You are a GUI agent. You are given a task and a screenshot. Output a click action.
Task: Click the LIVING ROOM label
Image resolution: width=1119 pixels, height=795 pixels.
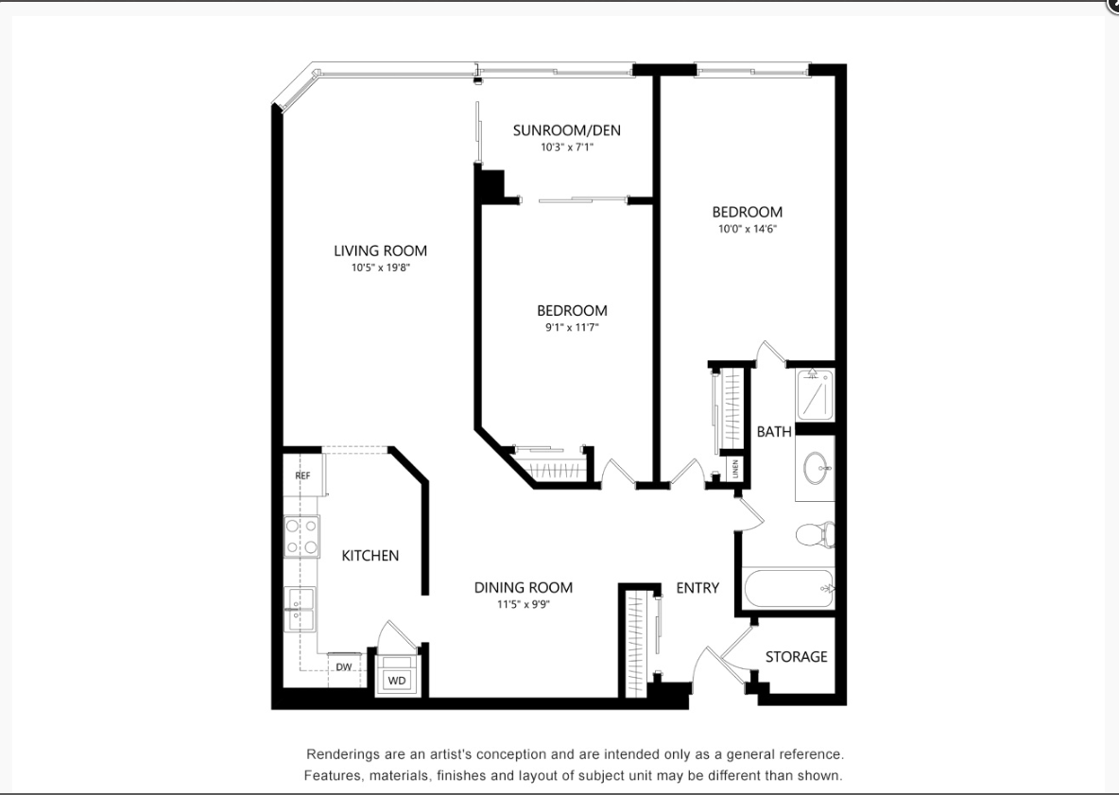click(380, 251)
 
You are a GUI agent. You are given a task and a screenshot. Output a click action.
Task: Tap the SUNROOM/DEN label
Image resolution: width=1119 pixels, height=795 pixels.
click(567, 130)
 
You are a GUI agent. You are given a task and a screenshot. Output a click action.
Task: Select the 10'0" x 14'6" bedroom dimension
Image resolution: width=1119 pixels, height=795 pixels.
click(747, 229)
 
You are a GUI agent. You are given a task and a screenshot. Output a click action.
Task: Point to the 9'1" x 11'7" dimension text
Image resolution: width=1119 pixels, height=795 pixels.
click(572, 328)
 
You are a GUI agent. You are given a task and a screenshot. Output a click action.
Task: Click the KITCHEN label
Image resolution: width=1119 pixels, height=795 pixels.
click(370, 555)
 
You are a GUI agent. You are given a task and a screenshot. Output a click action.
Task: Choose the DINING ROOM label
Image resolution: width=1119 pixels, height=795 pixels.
click(523, 587)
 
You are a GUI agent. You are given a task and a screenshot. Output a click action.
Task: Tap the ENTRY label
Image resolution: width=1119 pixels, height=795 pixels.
click(697, 587)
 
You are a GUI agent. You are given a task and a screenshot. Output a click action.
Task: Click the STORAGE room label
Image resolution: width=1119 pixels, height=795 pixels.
click(797, 657)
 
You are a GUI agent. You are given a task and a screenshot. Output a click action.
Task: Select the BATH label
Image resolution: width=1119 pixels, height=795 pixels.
click(774, 432)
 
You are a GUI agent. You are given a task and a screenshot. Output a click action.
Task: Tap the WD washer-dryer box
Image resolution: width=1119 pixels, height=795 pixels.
click(397, 680)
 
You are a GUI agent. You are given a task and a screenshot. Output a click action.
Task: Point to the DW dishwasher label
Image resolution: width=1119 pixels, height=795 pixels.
click(344, 667)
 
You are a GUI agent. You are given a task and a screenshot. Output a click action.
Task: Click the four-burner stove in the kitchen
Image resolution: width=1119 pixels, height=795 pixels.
click(301, 536)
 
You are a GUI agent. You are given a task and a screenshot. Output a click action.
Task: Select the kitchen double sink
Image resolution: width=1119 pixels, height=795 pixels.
click(300, 609)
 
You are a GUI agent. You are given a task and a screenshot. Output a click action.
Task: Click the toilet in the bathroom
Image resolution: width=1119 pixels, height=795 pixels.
click(816, 534)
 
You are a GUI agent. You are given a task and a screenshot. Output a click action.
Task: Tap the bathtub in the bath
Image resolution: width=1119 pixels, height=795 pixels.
click(788, 589)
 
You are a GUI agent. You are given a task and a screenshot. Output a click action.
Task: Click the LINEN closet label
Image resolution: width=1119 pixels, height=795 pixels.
click(735, 469)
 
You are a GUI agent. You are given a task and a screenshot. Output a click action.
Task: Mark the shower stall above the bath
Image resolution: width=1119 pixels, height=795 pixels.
click(815, 393)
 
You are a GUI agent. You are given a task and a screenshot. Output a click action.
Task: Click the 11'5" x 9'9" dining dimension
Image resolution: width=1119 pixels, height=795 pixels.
click(523, 604)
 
